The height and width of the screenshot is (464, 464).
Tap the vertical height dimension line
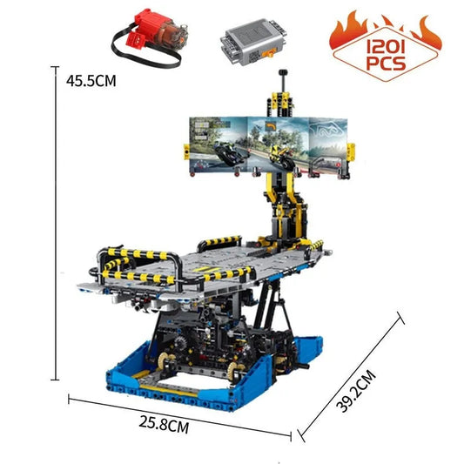click(x=56, y=226)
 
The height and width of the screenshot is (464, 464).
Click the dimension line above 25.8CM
click(x=178, y=416)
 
